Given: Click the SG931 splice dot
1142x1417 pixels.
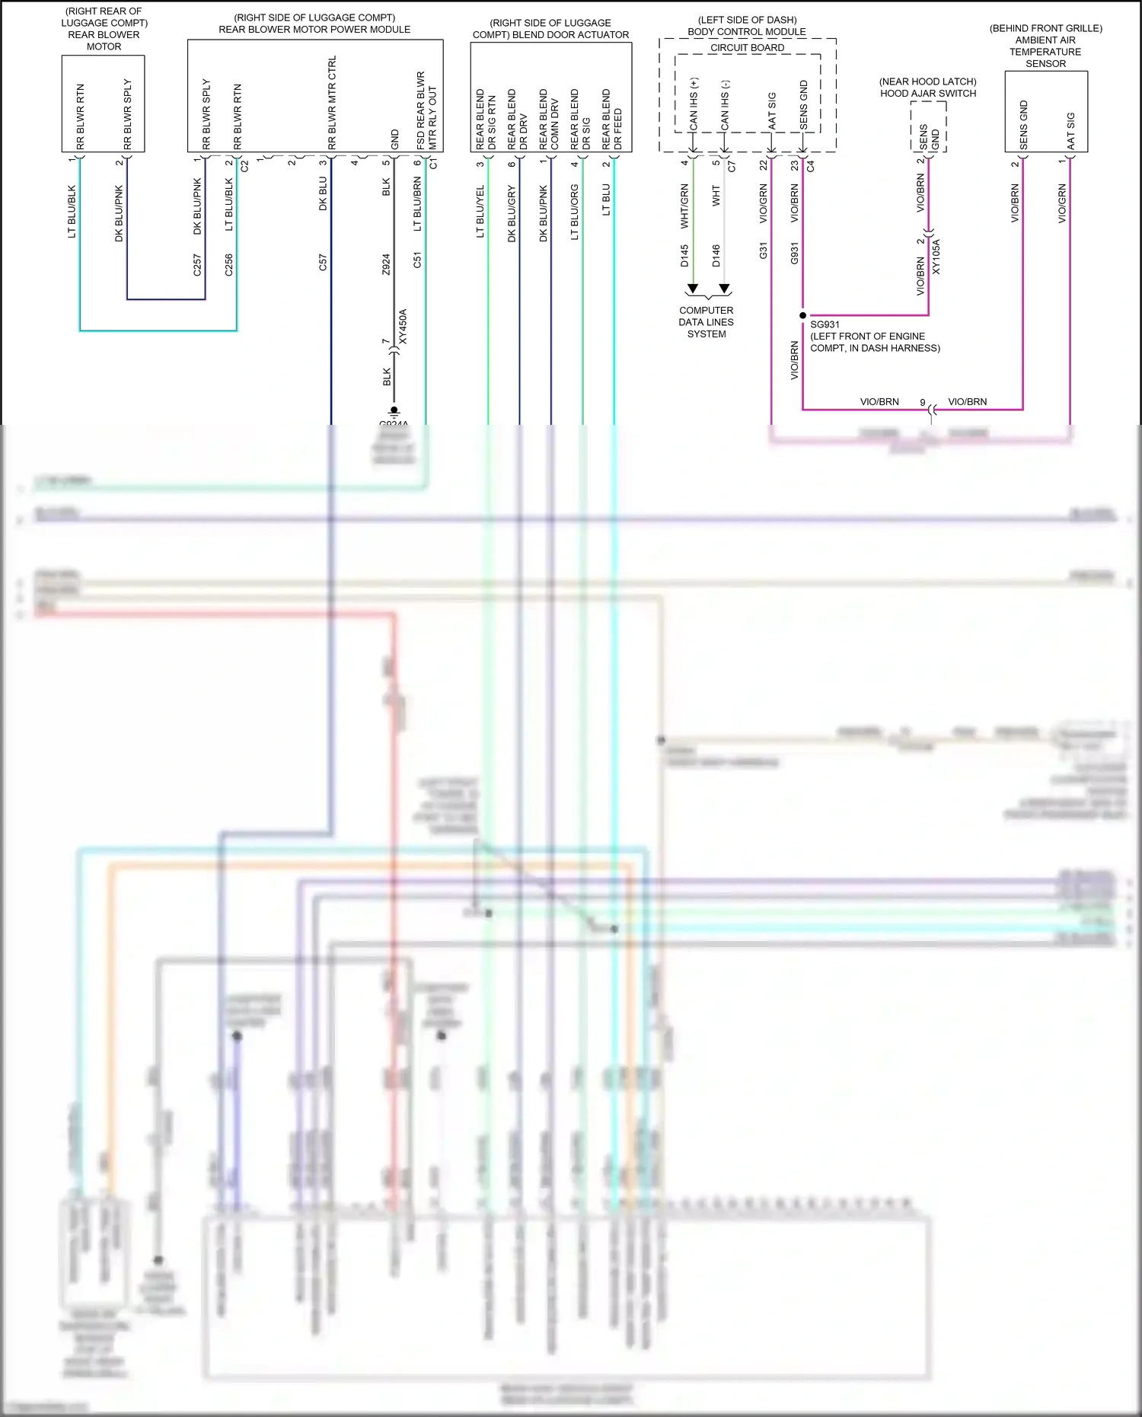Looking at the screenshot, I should click(802, 315).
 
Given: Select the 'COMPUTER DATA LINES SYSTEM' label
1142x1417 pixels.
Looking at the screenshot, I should click(706, 322).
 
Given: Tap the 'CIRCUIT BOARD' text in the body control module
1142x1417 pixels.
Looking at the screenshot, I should click(747, 48).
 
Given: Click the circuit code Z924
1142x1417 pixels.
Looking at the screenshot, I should click(386, 264).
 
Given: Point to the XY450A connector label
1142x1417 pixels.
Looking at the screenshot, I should click(403, 327).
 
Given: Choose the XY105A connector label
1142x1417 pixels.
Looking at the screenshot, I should click(936, 257).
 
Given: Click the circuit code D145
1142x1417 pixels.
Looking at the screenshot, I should click(684, 256).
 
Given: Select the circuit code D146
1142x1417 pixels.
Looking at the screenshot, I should click(716, 256).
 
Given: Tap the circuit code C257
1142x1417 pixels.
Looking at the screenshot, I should click(197, 264).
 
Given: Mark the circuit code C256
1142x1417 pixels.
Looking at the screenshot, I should click(229, 264).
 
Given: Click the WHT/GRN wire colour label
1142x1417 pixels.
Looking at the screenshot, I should click(684, 206).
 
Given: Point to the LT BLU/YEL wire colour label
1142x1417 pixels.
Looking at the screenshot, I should click(480, 212).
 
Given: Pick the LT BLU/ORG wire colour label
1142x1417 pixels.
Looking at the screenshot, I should click(575, 212).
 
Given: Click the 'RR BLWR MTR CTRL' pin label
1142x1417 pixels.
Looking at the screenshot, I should click(332, 103).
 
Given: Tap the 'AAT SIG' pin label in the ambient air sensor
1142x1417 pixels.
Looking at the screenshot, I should click(1070, 131).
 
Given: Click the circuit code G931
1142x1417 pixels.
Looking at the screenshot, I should click(794, 253).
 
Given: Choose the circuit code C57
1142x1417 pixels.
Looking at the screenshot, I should click(323, 263).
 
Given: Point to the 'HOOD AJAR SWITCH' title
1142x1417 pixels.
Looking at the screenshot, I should click(928, 94).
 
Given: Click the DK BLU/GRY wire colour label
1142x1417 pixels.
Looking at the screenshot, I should click(512, 214).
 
